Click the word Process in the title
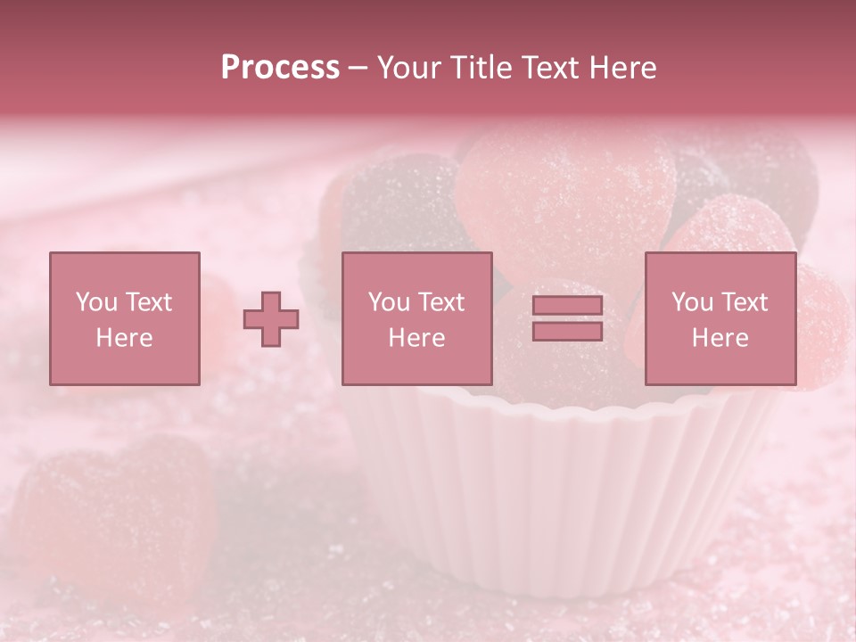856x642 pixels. [280, 68]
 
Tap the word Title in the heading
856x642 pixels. [481, 68]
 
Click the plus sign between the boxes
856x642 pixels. [271, 319]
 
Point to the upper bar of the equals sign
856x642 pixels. [567, 306]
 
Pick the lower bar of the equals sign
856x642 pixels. [567, 331]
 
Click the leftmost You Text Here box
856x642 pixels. [124, 318]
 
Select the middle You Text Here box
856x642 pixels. [416, 318]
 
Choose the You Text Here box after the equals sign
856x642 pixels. [720, 318]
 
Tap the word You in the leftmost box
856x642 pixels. [95, 302]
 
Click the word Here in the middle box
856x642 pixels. [416, 338]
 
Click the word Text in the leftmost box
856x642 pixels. [148, 302]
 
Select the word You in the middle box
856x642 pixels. [388, 302]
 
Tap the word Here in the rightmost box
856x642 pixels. [720, 338]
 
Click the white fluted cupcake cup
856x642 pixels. [553, 499]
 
